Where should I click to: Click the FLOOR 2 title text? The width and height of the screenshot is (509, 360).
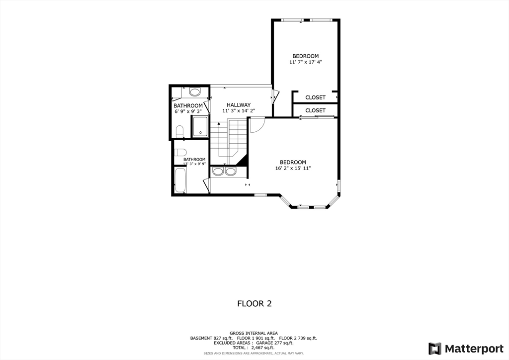pyautogui.click(x=254, y=303)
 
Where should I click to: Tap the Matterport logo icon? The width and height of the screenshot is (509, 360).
pyautogui.click(x=435, y=348)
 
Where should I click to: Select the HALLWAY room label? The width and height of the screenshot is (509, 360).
pyautogui.click(x=239, y=105)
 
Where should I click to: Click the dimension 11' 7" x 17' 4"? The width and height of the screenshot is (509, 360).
pyautogui.click(x=305, y=62)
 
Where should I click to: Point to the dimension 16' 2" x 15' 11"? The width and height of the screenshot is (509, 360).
pyautogui.click(x=293, y=169)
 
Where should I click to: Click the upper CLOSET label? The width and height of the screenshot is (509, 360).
pyautogui.click(x=315, y=97)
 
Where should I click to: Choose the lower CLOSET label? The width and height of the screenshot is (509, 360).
pyautogui.click(x=315, y=110)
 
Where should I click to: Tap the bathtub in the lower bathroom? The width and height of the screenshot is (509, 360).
pyautogui.click(x=180, y=180)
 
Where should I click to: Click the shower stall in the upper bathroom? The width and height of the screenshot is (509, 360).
pyautogui.click(x=200, y=126)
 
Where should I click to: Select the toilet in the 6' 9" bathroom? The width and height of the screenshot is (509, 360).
pyautogui.click(x=179, y=131)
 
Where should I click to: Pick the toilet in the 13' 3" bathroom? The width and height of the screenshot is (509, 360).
pyautogui.click(x=180, y=152)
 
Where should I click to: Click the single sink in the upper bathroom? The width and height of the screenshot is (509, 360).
pyautogui.click(x=194, y=92)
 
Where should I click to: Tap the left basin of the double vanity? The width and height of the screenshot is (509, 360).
pyautogui.click(x=218, y=172)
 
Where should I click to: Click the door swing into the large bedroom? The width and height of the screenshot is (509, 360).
pyautogui.click(x=256, y=125)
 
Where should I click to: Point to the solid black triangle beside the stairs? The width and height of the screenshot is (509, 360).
pyautogui.click(x=243, y=160)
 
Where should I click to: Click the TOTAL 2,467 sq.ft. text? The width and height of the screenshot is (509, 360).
pyautogui.click(x=254, y=348)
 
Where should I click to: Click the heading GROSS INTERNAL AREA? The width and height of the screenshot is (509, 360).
pyautogui.click(x=254, y=333)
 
